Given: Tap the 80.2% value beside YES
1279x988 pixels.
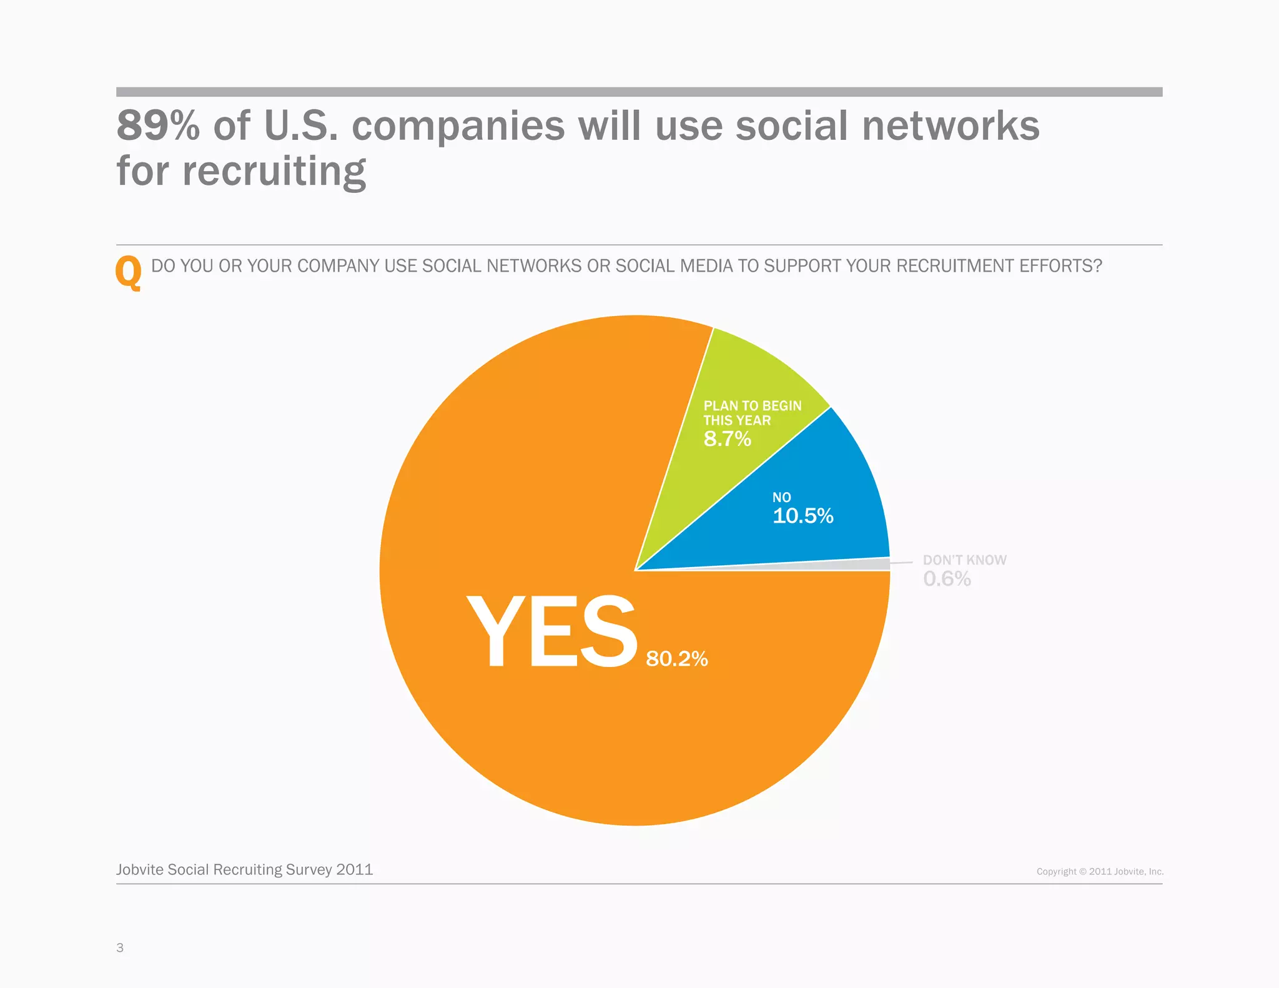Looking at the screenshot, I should pyautogui.click(x=676, y=659).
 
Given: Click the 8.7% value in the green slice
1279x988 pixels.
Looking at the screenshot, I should pyautogui.click(x=727, y=439).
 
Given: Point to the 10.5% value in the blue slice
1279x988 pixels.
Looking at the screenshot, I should pyautogui.click(x=802, y=516).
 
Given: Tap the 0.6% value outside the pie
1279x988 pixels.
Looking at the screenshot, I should pyautogui.click(x=947, y=579).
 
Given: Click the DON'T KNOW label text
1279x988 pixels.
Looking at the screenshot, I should pyautogui.click(x=964, y=560).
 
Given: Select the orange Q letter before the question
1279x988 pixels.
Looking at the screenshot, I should pyautogui.click(x=129, y=272).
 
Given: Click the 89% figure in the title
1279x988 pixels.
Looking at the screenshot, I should pyautogui.click(x=158, y=126).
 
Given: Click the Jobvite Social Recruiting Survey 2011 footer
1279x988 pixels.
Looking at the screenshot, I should pyautogui.click(x=244, y=869).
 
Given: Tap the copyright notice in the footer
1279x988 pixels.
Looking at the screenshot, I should pyautogui.click(x=1100, y=871).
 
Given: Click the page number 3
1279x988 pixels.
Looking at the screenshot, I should pyautogui.click(x=120, y=947).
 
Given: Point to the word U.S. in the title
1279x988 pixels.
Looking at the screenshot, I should pyautogui.click(x=300, y=126).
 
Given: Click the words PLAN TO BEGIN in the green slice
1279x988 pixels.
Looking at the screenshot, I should pyautogui.click(x=752, y=406).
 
